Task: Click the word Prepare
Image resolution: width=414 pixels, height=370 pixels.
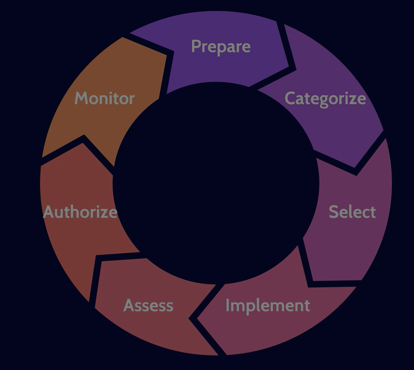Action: tap(221, 46)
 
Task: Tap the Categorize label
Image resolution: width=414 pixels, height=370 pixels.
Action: tap(325, 99)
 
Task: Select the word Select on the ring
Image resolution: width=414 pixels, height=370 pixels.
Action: tap(352, 212)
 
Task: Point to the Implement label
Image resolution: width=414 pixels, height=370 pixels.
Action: tap(268, 305)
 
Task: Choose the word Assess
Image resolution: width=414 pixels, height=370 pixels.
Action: tap(148, 305)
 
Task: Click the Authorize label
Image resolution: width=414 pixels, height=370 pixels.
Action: tap(80, 212)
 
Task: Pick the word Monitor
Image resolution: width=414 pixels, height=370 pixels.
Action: tap(105, 98)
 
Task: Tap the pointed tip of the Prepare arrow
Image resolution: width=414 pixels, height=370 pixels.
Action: tap(288, 67)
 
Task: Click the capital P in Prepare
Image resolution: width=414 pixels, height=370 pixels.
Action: tap(196, 46)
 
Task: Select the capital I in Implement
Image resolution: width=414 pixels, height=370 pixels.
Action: tap(228, 305)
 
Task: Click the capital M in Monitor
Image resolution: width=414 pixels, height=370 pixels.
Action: tap(81, 98)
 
